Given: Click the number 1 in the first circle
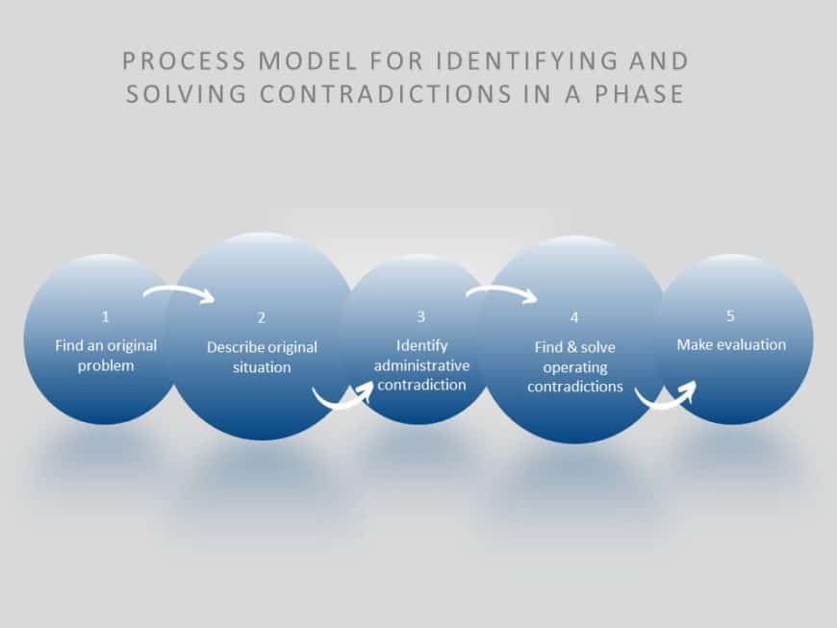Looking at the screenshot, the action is coord(105,317).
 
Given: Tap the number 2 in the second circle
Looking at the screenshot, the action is coord(261,318).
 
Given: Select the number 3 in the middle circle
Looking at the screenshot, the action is coord(420,317).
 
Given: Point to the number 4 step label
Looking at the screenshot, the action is coord(574,318).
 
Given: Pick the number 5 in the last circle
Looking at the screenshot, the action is coord(730,315).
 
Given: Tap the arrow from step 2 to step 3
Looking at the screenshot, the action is coord(342,398).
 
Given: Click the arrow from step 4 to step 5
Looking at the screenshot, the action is coord(665,398).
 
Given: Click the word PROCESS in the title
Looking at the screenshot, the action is coord(184,61).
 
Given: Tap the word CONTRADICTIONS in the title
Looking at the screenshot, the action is coord(386,94).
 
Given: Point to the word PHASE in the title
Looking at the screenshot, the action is coord(640,94).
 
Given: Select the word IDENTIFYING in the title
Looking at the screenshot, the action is coord(527,61).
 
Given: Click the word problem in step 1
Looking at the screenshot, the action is coord(106,366).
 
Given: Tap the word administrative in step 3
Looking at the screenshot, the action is coord(421,365).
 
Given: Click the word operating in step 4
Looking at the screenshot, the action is coord(575,367).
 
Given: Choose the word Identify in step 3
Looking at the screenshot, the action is coord(421,346).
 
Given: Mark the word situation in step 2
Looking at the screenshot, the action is coord(262,367).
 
